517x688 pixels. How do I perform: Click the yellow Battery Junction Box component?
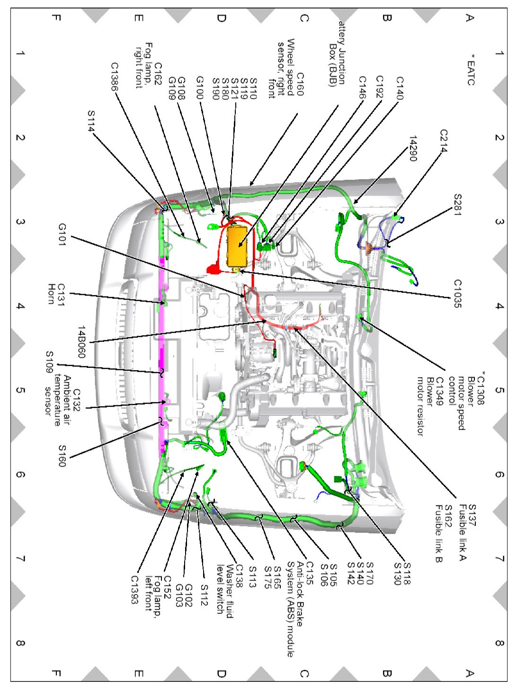(x=237, y=246)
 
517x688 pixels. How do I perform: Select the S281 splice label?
(x=457, y=205)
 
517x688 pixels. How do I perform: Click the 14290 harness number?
(x=412, y=149)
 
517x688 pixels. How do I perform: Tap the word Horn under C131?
(x=52, y=294)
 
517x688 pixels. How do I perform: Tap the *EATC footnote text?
(x=470, y=70)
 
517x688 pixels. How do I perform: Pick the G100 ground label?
(x=200, y=88)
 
